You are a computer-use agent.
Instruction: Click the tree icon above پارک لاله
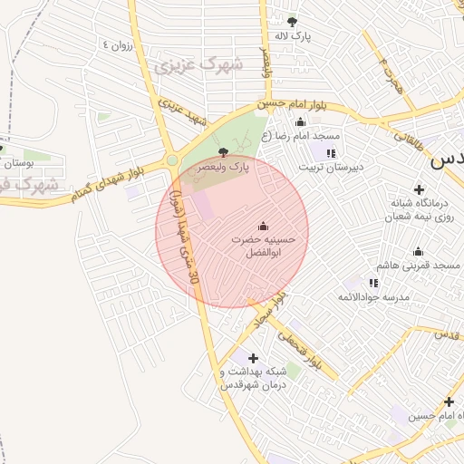click(292, 21)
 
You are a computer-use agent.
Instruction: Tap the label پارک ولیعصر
click(224, 168)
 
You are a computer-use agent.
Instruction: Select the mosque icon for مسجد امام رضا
click(301, 121)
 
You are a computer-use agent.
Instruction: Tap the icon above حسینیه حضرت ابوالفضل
click(264, 226)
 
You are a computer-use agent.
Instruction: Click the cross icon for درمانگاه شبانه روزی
click(419, 189)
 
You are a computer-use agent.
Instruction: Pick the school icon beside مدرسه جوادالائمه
click(373, 283)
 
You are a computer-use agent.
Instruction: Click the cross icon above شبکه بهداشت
click(253, 358)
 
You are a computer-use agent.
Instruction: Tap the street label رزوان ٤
click(119, 44)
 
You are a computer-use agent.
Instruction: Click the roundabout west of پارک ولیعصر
click(172, 160)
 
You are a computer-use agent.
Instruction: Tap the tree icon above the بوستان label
click(3, 148)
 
